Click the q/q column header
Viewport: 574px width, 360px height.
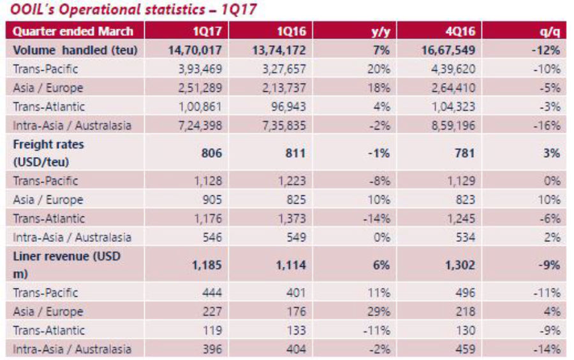[x=549, y=31]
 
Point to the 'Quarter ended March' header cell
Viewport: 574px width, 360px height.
[x=73, y=31]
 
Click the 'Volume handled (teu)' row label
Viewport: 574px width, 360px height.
[x=75, y=50]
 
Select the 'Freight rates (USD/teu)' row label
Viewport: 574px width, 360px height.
[x=48, y=153]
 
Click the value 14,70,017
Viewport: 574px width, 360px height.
[x=195, y=50]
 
